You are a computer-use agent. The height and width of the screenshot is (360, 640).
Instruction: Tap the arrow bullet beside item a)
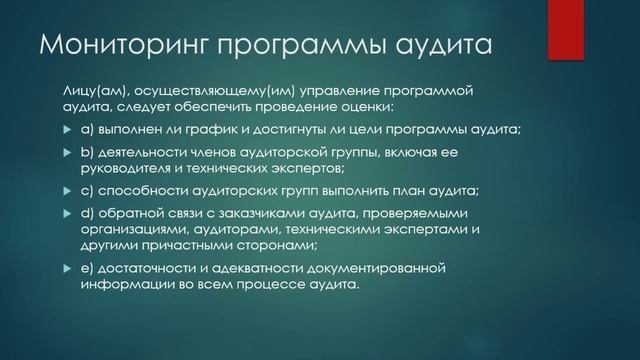coord(66,130)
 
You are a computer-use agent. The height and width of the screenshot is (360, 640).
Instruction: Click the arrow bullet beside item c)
coord(66,190)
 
